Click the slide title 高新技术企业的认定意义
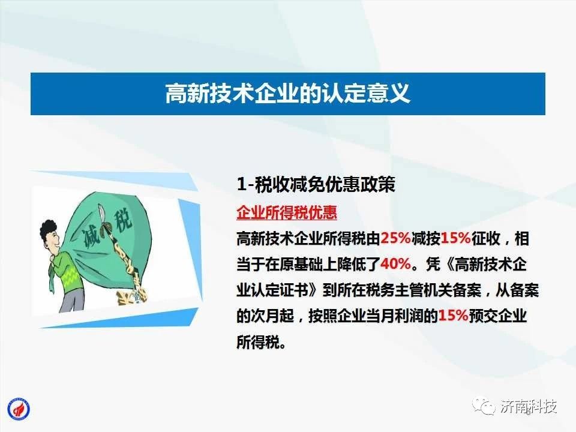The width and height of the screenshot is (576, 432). point(287,94)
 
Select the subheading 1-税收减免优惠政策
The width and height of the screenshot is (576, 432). point(316,184)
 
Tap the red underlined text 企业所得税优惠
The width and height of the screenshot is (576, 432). point(287,212)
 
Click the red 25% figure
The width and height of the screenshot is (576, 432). point(395,238)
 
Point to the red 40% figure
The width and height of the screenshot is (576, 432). point(395,264)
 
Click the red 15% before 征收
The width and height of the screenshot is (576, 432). point(455,238)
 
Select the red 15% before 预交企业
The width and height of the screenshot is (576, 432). point(453,315)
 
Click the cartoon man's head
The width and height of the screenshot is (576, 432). point(50,236)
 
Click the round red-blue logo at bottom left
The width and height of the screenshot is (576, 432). point(19,409)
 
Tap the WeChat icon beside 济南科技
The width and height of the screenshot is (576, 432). point(485,406)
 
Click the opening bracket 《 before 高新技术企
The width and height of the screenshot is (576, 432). point(448,264)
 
